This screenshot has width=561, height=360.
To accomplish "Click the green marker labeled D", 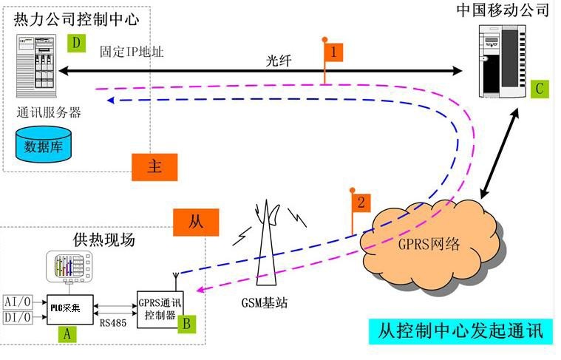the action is coord(76,43).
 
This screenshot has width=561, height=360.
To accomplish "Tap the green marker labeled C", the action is coord(540,89).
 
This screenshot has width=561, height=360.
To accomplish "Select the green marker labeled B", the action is coord(187,324).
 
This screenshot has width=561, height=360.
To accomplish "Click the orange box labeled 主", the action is coord(154,167).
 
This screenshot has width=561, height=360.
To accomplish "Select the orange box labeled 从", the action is coord(196,223).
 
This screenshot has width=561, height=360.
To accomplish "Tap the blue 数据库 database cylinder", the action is coord(44,144).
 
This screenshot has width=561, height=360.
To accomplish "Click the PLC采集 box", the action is coord(70,310).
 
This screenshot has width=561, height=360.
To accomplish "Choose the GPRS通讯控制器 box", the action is coord(160,309).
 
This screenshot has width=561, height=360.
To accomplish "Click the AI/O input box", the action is coord(18,302).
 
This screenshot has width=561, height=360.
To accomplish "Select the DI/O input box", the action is coord(18,317).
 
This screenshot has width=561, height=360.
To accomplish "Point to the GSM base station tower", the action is coord(267,243).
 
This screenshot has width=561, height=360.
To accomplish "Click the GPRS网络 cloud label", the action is coord(429,244).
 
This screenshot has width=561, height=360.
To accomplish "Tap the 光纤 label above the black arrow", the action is coord(279,61).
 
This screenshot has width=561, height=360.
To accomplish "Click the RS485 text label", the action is coord(113,323).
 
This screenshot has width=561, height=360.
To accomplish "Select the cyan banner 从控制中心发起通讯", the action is coord(460,331).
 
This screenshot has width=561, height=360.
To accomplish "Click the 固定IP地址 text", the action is coord(132,52).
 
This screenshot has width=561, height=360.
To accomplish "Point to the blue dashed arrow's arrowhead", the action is coord(111,101).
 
